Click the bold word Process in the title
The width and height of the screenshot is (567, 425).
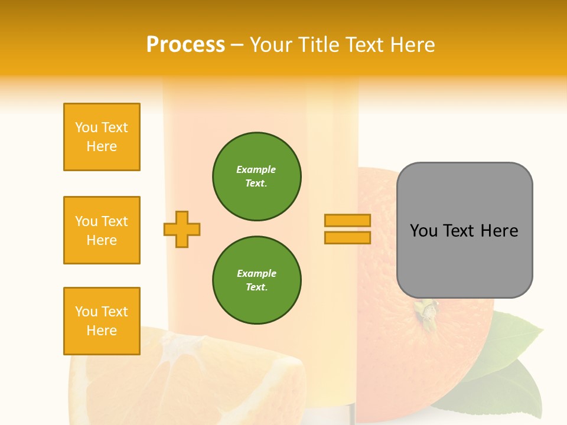point(185,45)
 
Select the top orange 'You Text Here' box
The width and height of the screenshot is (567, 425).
point(102,137)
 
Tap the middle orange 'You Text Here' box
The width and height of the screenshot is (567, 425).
point(102,230)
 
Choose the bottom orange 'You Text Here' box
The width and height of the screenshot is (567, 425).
point(102,321)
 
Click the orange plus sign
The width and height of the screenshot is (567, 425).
point(182,229)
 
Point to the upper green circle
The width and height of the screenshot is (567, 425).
point(257,176)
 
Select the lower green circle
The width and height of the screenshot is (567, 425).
point(257,280)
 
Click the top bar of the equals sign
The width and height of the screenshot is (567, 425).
point(347,220)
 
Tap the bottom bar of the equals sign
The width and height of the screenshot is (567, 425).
point(347,237)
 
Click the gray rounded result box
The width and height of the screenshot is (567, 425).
point(464,230)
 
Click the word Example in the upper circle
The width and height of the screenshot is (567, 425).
point(256,169)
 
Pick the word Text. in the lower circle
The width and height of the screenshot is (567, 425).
point(256,287)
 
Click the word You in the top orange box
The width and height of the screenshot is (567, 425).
point(86,127)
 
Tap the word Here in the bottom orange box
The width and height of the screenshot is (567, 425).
point(102,331)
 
